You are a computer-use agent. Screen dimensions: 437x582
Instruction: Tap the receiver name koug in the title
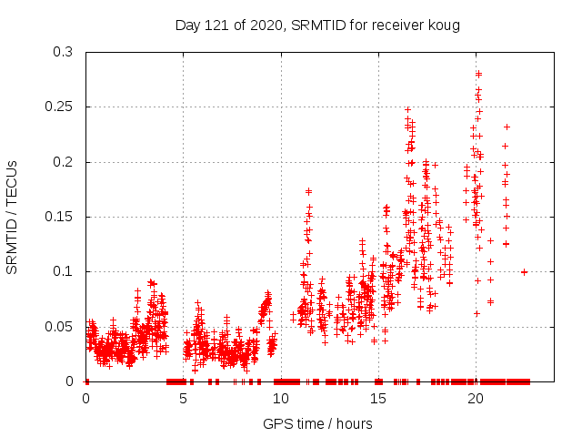coord(445,25)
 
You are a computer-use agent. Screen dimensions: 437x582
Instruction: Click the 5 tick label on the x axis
coord(184,399)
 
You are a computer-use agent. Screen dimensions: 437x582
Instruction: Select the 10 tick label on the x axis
coord(281,399)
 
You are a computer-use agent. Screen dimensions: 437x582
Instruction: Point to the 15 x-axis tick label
coord(378,399)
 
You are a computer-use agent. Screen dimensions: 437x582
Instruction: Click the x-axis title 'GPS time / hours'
coord(319,423)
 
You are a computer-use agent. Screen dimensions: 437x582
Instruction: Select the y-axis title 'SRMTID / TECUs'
coord(12,217)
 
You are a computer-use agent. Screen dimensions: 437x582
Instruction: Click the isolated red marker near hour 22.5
coord(524,271)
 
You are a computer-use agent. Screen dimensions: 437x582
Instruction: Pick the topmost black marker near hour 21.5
coord(507,127)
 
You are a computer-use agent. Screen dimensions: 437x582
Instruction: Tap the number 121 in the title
coord(220,25)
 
